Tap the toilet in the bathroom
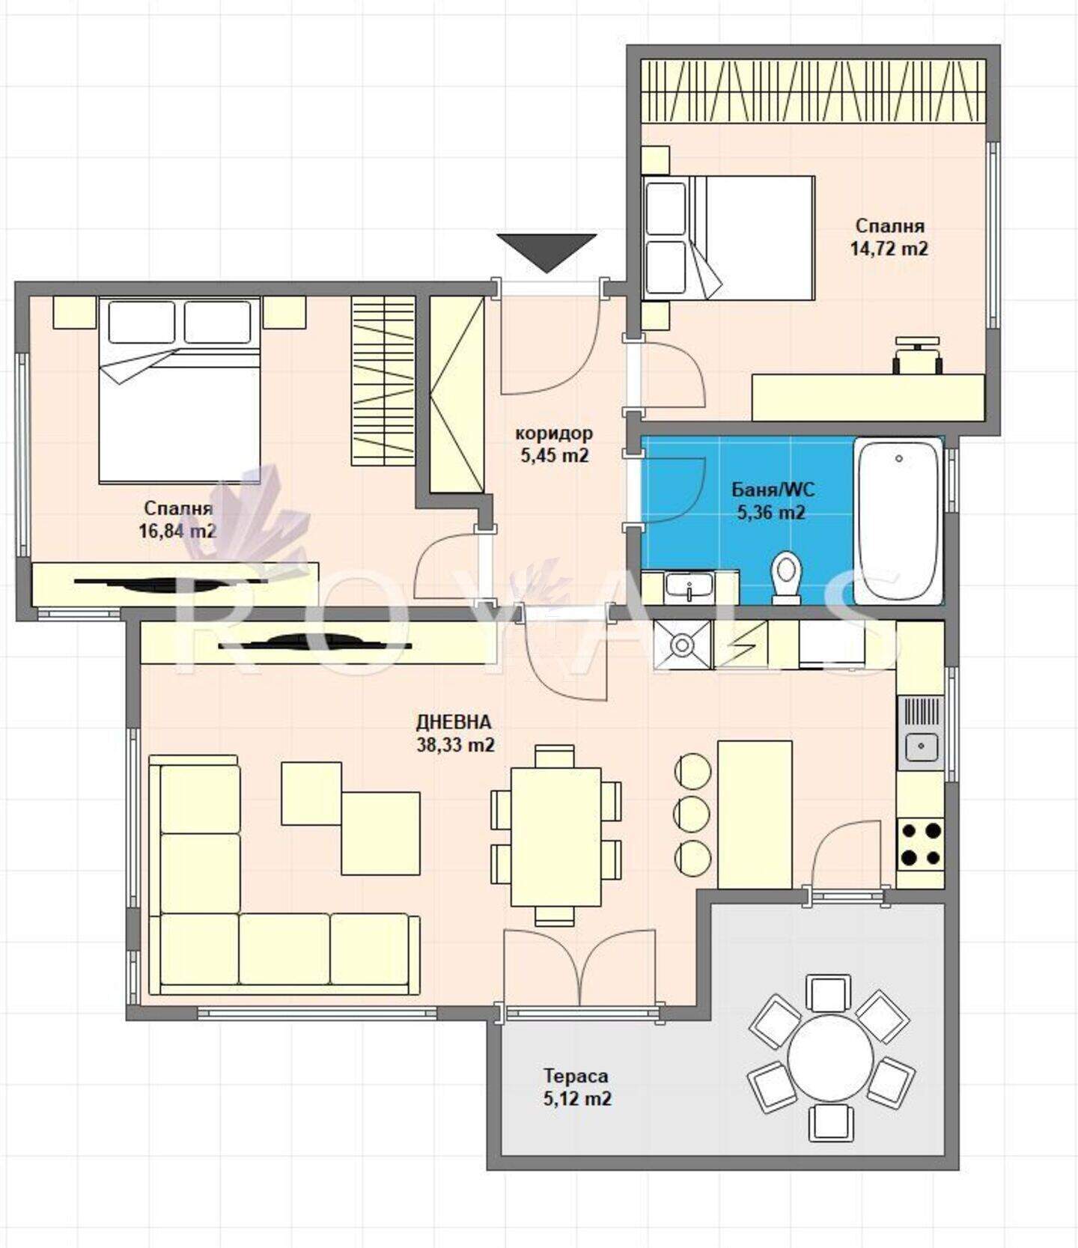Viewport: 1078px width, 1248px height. (786, 577)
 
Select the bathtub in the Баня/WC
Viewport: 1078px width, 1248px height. (898, 522)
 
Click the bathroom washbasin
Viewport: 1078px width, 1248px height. (689, 586)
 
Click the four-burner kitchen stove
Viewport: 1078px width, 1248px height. (920, 843)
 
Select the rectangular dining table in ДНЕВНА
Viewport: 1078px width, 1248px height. (555, 836)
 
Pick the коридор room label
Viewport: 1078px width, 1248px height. (554, 433)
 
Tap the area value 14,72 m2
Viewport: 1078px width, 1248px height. (889, 249)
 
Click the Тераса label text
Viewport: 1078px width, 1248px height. (576, 1076)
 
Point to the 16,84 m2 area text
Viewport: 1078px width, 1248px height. (177, 532)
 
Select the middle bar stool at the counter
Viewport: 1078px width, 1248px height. (692, 812)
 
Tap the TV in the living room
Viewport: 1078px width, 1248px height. (315, 642)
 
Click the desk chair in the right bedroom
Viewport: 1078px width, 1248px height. (918, 352)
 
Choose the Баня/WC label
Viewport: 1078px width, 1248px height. (773, 490)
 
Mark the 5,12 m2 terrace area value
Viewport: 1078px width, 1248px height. (576, 1099)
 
